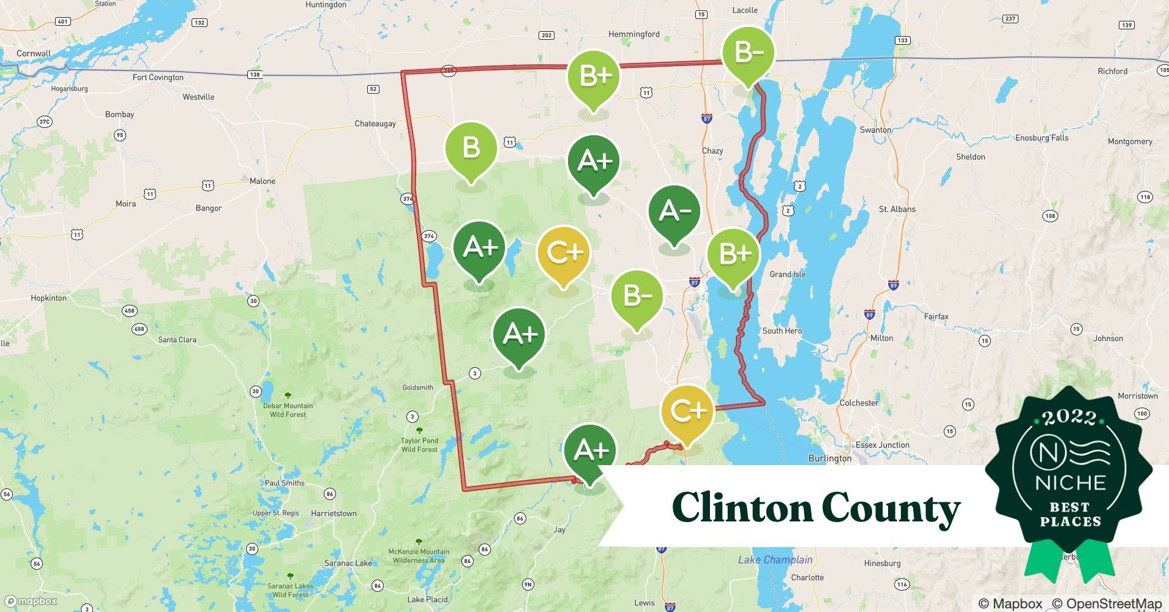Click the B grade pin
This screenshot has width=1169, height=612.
(x=471, y=149)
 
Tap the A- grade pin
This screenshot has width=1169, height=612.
(x=674, y=212)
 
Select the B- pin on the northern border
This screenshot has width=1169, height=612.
(x=748, y=53)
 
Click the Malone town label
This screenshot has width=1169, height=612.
(x=263, y=181)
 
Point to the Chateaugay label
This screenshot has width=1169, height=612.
(x=375, y=124)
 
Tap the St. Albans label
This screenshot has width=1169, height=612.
(x=897, y=209)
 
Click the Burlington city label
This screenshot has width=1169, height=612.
(x=829, y=458)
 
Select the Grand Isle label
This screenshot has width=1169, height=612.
(x=787, y=274)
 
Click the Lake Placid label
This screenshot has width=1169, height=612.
(x=427, y=599)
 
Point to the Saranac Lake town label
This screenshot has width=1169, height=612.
(x=348, y=563)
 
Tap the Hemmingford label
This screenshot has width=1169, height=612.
(x=633, y=34)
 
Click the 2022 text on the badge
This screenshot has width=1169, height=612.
(x=1069, y=417)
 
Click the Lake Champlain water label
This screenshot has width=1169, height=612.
(x=775, y=559)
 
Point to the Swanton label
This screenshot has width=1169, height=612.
(x=875, y=130)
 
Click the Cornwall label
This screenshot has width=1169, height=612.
(x=34, y=53)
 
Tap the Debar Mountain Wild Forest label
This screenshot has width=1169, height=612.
(x=288, y=410)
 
